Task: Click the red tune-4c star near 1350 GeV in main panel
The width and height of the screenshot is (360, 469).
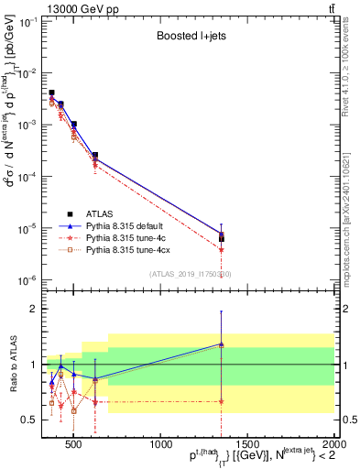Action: [221, 249]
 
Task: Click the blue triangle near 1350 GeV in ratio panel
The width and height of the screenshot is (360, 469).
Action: [221, 344]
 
